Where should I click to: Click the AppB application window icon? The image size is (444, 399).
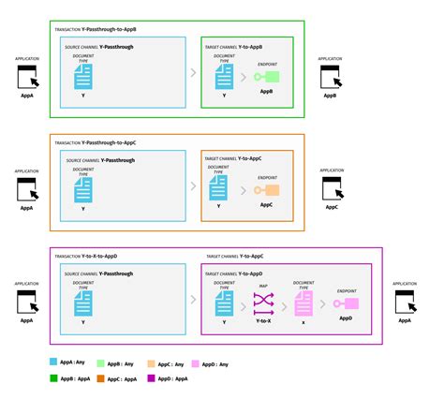tap(331, 79)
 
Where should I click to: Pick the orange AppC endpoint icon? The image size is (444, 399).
tap(265, 191)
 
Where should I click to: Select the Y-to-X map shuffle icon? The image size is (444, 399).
tap(262, 303)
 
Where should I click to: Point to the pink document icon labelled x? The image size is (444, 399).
tap(303, 303)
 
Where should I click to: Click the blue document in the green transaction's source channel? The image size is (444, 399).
tap(83, 80)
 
